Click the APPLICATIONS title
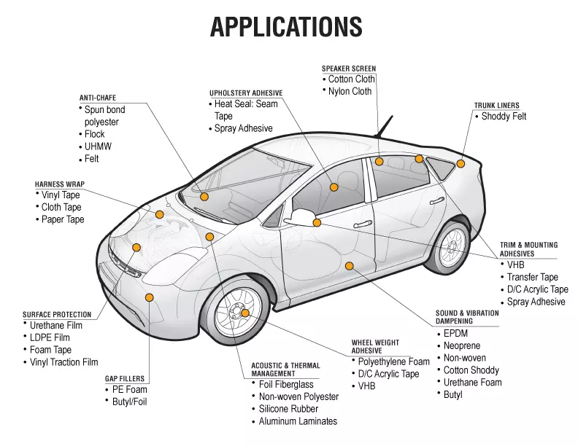286,27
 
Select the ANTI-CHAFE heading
98,98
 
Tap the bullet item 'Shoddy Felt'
504,117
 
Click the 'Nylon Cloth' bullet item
350,92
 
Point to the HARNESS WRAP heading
58,184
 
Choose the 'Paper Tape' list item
63,219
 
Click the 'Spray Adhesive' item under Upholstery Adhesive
243,128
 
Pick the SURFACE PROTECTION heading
57,315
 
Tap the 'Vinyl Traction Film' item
64,362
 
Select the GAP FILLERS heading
125,379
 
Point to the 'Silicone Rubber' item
288,409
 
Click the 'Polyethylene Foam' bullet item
394,361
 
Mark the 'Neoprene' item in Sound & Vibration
463,345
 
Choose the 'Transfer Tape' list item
533,277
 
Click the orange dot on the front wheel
245,313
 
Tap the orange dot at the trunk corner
461,163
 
